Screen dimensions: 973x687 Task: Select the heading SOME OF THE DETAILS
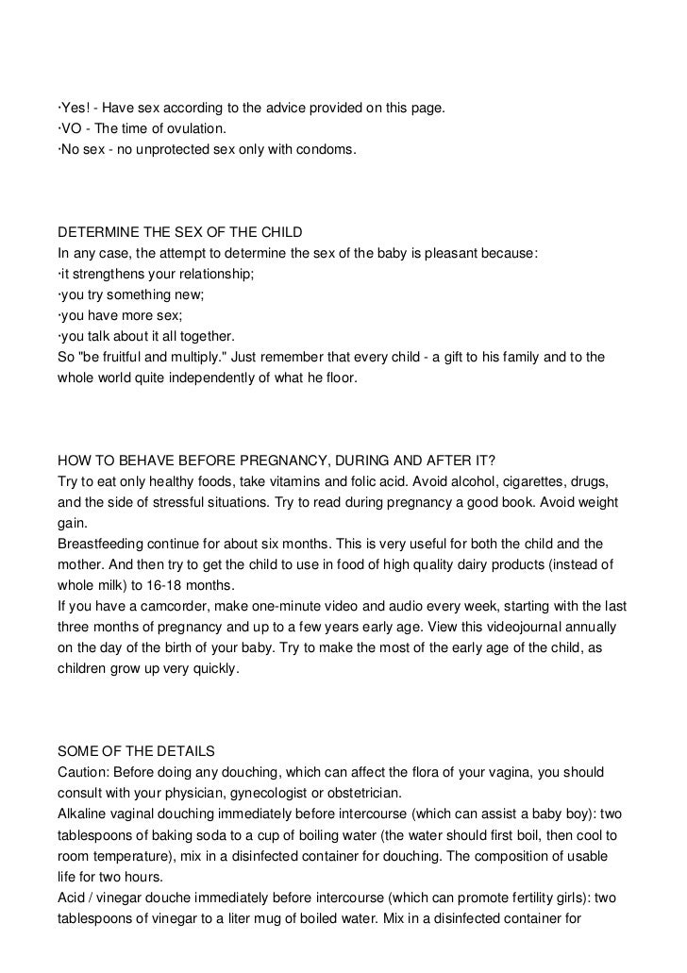[x=137, y=751]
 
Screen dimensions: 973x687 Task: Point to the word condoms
[x=329, y=149]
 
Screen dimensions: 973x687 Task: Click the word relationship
[x=213, y=274]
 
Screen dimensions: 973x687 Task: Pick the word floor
[x=359, y=377]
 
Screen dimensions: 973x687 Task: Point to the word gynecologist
[x=293, y=793]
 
